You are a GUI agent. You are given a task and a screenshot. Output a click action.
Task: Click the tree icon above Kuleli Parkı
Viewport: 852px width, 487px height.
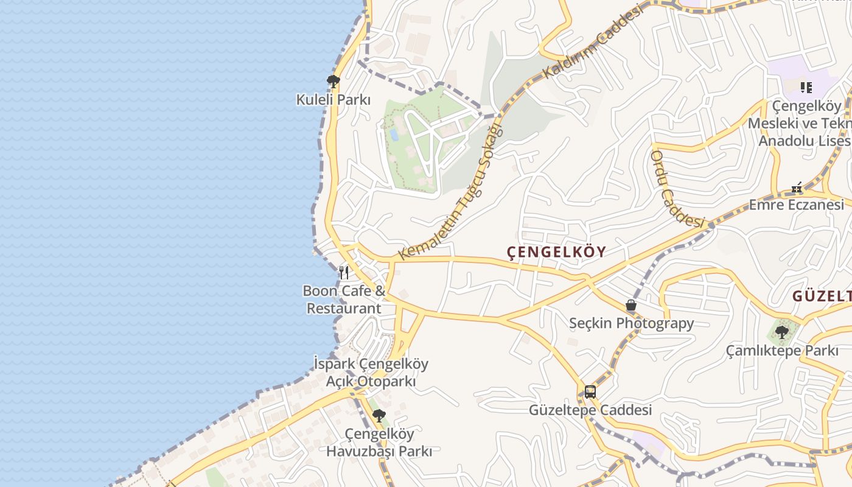333,81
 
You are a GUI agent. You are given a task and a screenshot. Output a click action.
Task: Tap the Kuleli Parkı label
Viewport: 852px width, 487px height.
333,100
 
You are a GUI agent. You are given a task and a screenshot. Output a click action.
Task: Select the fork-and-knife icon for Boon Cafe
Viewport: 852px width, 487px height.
344,272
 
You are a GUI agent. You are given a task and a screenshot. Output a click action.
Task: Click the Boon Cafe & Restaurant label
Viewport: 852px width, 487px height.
344,300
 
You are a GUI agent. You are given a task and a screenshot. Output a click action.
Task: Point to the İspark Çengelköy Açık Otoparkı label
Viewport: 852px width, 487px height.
371,373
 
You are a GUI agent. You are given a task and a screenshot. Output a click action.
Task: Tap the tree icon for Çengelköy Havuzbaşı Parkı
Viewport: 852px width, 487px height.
379,416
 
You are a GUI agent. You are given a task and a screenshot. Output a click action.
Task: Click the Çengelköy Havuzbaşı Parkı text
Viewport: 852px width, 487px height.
379,443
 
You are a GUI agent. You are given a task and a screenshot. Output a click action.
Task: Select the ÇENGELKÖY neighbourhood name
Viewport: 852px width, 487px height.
557,251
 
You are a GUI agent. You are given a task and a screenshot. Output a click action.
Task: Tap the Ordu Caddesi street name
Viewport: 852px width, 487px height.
676,189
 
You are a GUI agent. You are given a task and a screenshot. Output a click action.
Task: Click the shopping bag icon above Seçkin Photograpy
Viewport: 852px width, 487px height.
631,305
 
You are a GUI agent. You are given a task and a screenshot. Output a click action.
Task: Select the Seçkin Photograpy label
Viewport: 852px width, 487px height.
631,323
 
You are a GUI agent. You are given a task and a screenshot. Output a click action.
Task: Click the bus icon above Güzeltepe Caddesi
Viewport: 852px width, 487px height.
590,391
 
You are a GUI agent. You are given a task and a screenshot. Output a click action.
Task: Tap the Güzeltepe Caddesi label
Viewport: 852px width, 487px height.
590,410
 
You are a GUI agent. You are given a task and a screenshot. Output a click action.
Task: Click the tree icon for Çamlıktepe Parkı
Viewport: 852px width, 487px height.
782,332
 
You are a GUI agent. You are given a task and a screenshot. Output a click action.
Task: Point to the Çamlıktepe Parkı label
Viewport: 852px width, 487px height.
782,351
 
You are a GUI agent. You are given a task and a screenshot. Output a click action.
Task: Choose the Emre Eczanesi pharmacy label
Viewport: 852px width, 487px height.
796,205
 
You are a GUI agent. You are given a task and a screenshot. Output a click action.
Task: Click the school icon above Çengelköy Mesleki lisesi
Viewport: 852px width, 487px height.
806,87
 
